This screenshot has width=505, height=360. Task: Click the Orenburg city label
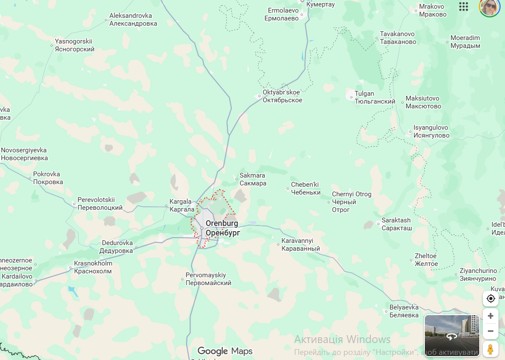click(x=222, y=228)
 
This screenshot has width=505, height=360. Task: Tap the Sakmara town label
click(x=253, y=179)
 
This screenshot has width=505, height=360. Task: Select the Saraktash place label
click(x=396, y=224)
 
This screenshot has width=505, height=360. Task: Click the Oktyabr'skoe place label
click(x=282, y=96)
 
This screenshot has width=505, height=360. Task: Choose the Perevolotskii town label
click(x=100, y=204)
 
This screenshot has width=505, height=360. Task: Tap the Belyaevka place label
click(x=404, y=311)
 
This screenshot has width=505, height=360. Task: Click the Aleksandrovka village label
click(x=133, y=20)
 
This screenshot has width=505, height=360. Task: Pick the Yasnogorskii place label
click(x=75, y=45)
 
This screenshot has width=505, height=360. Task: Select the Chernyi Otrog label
click(x=351, y=202)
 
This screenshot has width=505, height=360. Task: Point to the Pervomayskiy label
click(x=208, y=279)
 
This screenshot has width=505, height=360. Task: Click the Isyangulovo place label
click(x=431, y=131)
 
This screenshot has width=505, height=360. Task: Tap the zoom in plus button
click(x=491, y=316)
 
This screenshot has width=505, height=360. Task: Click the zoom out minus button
click(x=491, y=331)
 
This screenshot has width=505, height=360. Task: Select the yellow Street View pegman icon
click(x=491, y=349)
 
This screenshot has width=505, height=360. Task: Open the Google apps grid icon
click(x=464, y=7)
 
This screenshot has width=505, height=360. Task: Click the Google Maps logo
click(x=225, y=351)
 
